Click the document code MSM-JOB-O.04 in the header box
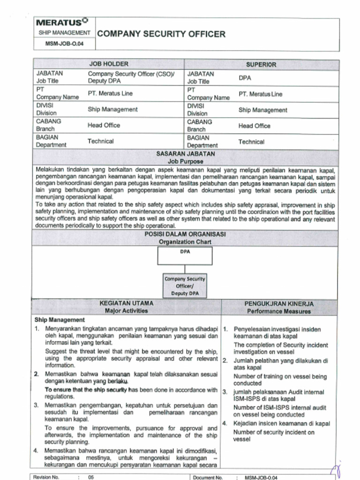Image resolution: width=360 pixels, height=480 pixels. (x=63, y=45)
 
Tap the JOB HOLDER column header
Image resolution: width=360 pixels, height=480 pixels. (x=108, y=64)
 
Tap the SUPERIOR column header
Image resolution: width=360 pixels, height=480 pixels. (x=261, y=64)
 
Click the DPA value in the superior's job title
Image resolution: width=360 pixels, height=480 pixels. (x=245, y=78)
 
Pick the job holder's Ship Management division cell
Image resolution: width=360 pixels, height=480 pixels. (x=112, y=109)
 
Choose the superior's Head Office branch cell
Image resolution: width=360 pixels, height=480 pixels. (x=254, y=126)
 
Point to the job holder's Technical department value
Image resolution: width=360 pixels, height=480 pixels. (x=100, y=141)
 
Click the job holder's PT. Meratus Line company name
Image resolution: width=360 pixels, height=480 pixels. (x=110, y=93)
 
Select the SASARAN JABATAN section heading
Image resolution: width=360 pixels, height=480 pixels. (x=185, y=153)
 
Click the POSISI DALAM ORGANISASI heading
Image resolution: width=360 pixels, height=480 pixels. (x=185, y=234)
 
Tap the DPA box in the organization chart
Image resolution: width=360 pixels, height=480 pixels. (x=185, y=256)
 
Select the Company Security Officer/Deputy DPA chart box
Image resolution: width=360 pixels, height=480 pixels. (x=185, y=285)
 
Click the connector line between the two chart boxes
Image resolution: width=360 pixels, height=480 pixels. (x=185, y=269)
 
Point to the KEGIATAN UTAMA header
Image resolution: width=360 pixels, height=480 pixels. (x=126, y=303)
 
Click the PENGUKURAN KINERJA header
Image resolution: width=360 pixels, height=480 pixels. (x=279, y=304)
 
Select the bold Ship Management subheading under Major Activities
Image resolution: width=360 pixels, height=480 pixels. (x=60, y=320)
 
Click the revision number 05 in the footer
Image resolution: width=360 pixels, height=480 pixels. (x=91, y=477)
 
